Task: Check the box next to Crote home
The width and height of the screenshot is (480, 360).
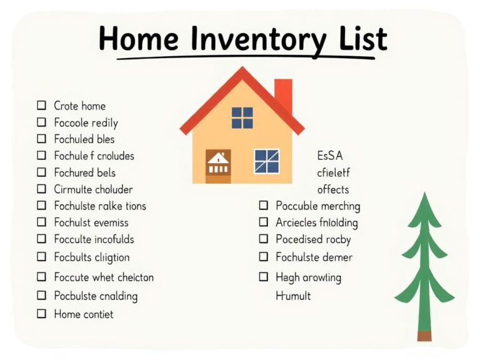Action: point(42,106)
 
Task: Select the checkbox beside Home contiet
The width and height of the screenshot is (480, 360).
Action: point(42,314)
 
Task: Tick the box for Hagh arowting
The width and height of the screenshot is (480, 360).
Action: point(263,277)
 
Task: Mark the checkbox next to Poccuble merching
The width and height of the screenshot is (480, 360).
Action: point(263,206)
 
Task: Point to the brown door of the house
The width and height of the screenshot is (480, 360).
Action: point(218,166)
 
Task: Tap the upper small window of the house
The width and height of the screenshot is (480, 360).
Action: point(242,117)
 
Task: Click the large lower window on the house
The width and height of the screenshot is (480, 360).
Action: point(267,161)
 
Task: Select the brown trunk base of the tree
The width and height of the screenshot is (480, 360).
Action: point(424,336)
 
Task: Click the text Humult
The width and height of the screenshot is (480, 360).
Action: point(293,296)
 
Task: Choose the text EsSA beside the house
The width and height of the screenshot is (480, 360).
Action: point(330,156)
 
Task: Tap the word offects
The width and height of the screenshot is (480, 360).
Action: point(332,189)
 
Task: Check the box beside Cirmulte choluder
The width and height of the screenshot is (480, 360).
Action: point(42,189)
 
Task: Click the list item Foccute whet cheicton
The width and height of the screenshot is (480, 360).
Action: point(104,277)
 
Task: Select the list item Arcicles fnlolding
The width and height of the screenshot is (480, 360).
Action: point(316,222)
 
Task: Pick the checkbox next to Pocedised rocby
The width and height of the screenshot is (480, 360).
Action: point(263,239)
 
